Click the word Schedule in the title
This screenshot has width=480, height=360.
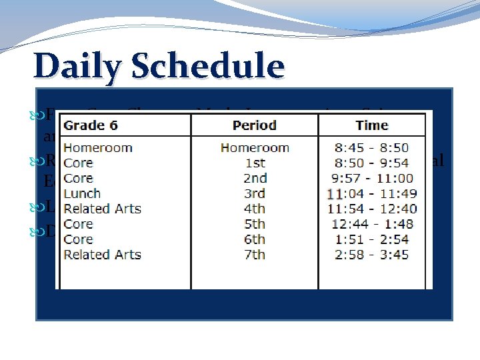[209, 67]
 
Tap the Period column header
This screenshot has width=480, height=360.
[254, 125]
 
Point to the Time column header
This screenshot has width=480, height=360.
[371, 125]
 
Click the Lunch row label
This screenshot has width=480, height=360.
[82, 193]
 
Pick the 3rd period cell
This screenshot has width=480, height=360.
[254, 193]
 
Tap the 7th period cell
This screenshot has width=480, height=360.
[254, 254]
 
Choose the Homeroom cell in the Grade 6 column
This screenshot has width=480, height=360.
[97, 147]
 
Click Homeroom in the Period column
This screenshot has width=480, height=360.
[254, 147]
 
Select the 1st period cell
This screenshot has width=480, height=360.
[254, 163]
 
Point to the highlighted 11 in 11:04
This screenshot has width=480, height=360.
[335, 193]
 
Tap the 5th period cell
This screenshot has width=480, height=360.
[254, 224]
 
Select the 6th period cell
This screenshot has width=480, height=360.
[254, 239]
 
